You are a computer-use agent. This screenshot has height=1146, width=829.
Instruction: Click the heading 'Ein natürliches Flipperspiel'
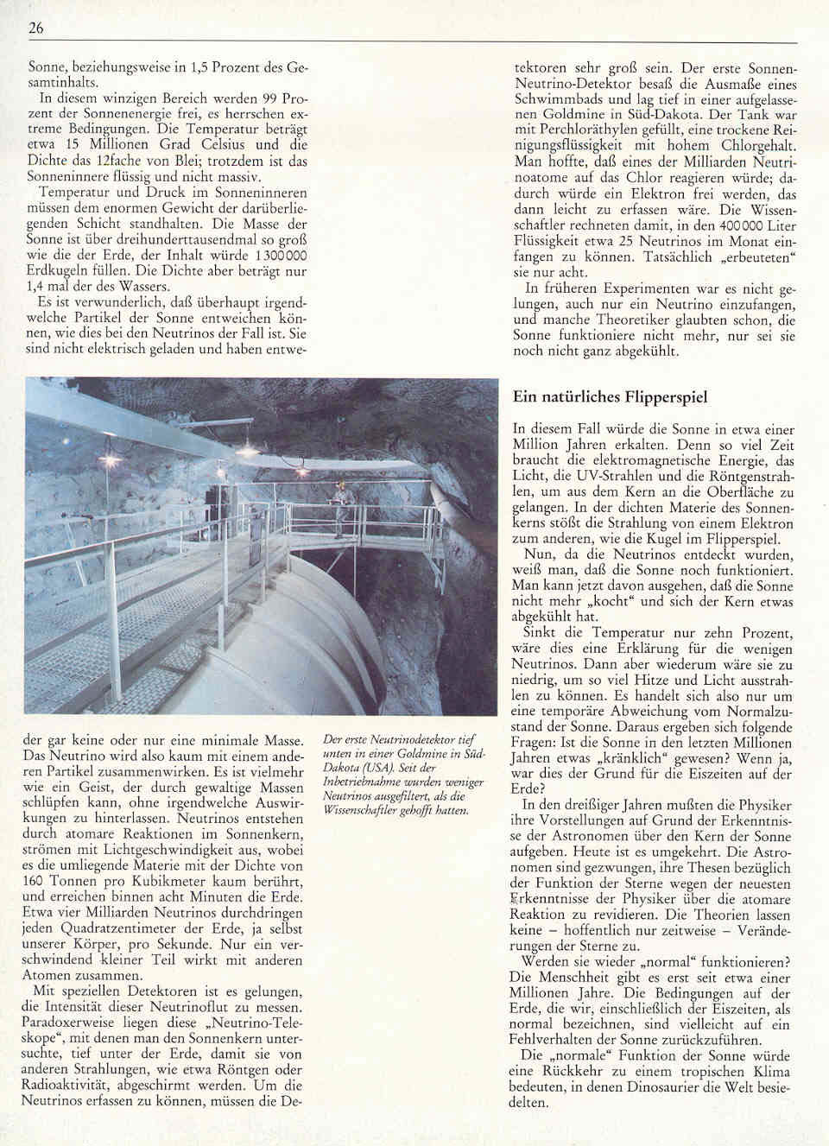(x=610, y=397)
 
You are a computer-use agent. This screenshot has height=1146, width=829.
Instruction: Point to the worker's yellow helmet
(x=343, y=486)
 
